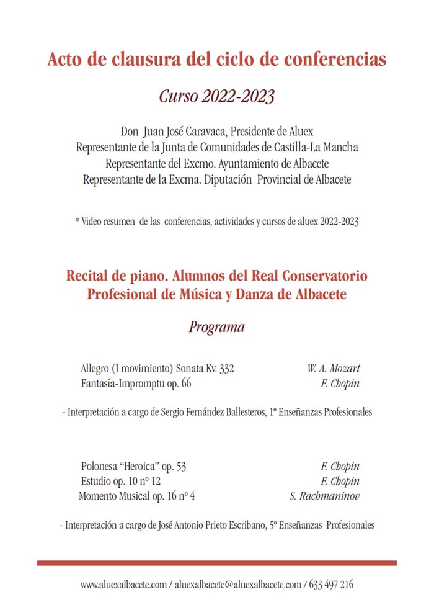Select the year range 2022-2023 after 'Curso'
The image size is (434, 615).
pyautogui.click(x=237, y=97)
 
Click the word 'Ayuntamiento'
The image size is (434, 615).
pyautogui.click(x=236, y=164)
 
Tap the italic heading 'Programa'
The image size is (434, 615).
pyautogui.click(x=216, y=327)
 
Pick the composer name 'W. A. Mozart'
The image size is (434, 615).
pyautogui.click(x=333, y=368)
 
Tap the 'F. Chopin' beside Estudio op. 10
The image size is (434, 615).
pyautogui.click(x=340, y=482)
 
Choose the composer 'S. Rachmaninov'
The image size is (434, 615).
pyautogui.click(x=324, y=496)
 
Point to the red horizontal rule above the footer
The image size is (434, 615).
pyautogui.click(x=216, y=563)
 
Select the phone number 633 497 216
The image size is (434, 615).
pyautogui.click(x=331, y=585)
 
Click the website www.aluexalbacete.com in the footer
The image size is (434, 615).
pyautogui.click(x=123, y=585)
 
